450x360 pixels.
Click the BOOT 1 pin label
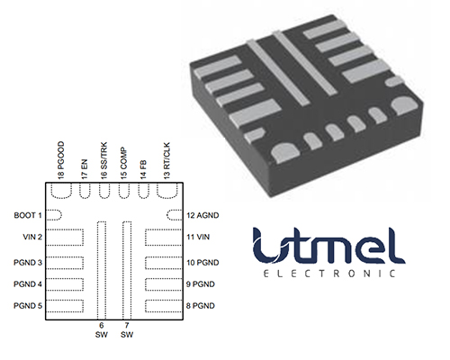(x=28, y=215)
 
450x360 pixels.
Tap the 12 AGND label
(x=202, y=215)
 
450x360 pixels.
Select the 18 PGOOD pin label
(x=61, y=160)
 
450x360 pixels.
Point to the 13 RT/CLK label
(x=166, y=161)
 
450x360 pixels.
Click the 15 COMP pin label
(x=123, y=164)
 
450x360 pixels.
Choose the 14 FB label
(x=143, y=170)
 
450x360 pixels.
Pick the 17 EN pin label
(x=85, y=169)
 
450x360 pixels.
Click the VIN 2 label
(x=32, y=237)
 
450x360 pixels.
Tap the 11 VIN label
(x=198, y=237)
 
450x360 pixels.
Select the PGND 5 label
(x=28, y=306)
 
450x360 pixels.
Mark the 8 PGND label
(x=201, y=306)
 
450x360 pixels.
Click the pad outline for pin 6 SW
(x=102, y=270)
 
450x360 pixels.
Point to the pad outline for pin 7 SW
(x=127, y=270)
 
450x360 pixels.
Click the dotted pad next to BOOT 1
(x=54, y=215)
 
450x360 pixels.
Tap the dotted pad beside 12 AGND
(x=175, y=215)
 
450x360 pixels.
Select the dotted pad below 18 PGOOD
(x=61, y=190)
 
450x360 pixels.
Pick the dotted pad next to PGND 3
(x=65, y=263)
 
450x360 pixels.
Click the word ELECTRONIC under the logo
(x=329, y=274)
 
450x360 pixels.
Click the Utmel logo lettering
(x=328, y=246)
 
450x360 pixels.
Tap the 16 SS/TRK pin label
(x=103, y=161)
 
